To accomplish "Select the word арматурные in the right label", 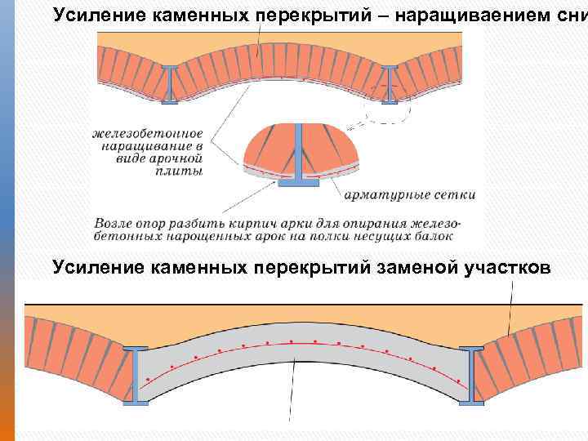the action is (384, 195).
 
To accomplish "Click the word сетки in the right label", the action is (451, 195).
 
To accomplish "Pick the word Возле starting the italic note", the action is (115, 222).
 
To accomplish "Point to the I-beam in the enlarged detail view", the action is (299, 155).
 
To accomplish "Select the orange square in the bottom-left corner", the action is (7, 425).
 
